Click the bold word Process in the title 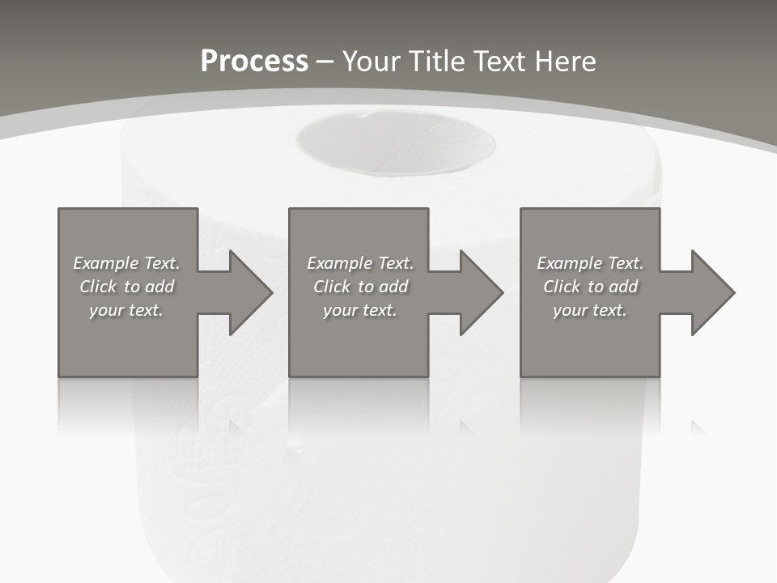click(254, 62)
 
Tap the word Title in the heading click(438, 62)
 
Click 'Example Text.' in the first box click(126, 263)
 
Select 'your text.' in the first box click(126, 310)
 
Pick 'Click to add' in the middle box click(360, 287)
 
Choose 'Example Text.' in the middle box click(360, 263)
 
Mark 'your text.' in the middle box click(360, 310)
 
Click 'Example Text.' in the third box click(590, 263)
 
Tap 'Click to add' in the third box click(590, 287)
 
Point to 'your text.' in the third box click(590, 310)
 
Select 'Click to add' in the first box click(126, 287)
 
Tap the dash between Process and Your click(325, 62)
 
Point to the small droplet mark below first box click(295, 445)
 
